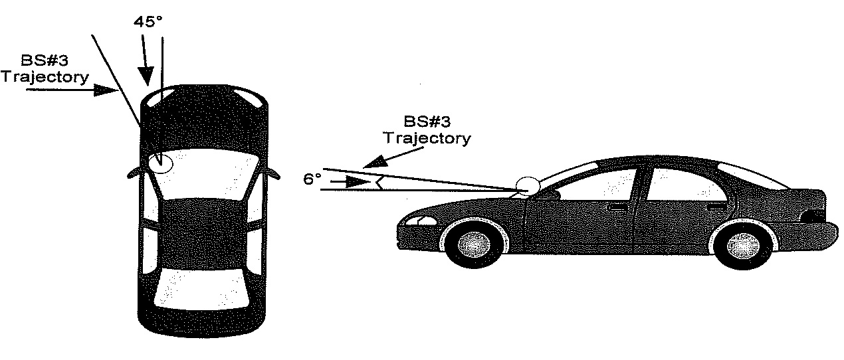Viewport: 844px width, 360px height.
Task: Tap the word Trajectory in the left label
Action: click(45, 77)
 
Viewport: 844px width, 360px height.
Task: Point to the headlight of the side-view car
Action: click(416, 221)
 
